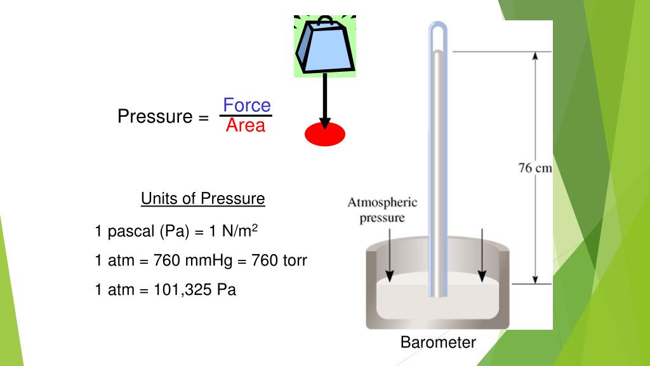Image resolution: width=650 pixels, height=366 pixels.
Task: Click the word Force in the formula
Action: pyautogui.click(x=246, y=105)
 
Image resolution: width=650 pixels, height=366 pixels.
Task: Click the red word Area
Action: pyautogui.click(x=246, y=126)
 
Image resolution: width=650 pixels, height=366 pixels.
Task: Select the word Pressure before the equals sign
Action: pyautogui.click(x=155, y=117)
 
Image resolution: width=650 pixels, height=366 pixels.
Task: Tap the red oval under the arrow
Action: pyautogui.click(x=325, y=134)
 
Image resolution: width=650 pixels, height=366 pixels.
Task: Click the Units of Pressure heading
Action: pyautogui.click(x=202, y=199)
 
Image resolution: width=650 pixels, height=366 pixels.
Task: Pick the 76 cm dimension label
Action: pyautogui.click(x=534, y=168)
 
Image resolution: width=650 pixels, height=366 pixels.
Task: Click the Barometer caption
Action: pyautogui.click(x=438, y=342)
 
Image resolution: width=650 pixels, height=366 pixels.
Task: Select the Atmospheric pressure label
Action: pyautogui.click(x=383, y=210)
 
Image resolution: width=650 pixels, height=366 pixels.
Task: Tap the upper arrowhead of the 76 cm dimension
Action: pyautogui.click(x=535, y=57)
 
